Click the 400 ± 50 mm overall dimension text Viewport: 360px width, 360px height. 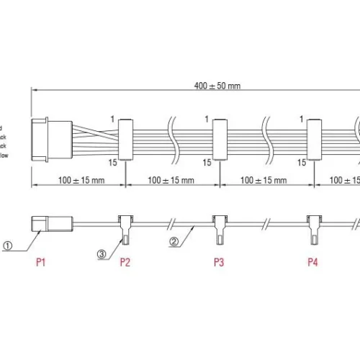(217, 86)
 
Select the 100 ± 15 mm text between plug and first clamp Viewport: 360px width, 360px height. (78, 180)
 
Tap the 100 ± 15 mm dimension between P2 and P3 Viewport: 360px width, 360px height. (172, 180)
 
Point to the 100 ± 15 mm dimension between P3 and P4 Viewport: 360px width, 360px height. (264, 180)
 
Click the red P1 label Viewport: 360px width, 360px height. (41, 262)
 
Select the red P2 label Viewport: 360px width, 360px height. (125, 262)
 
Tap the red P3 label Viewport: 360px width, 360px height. (219, 262)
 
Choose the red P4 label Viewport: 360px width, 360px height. (312, 262)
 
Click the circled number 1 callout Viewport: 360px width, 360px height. (8, 245)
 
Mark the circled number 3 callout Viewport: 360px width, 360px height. (102, 253)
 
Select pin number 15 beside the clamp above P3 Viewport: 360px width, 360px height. (207, 163)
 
